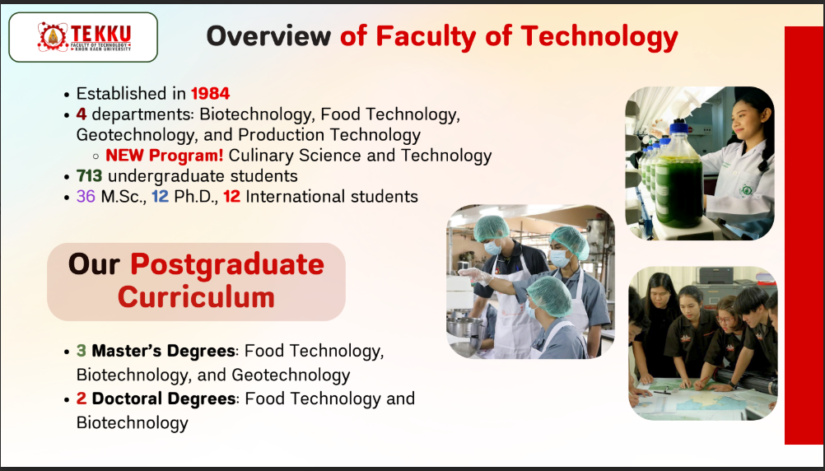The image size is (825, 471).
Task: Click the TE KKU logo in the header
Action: pos(84,37)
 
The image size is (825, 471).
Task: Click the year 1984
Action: pos(211,94)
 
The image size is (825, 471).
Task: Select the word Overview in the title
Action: pos(268,35)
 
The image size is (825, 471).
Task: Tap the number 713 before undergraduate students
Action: pos(89,175)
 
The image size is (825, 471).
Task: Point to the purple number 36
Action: pos(86,196)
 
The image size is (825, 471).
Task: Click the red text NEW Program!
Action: pos(165,156)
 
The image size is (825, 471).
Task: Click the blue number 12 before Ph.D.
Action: pos(161,196)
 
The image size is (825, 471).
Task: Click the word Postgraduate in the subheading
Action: pos(227,265)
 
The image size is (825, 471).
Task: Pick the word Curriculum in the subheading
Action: pos(196,297)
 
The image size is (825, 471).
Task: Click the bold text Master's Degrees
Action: pos(163,351)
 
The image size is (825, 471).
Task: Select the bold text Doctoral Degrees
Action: pos(164,399)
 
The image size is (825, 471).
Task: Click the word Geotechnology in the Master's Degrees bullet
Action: pos(291,375)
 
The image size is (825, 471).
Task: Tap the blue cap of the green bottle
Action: pos(679,128)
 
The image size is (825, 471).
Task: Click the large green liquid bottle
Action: pos(679,176)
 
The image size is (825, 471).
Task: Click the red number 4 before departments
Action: pos(81,114)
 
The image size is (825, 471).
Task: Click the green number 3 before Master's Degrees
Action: pos(81,351)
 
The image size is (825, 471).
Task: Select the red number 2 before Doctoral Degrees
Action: pos(81,399)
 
